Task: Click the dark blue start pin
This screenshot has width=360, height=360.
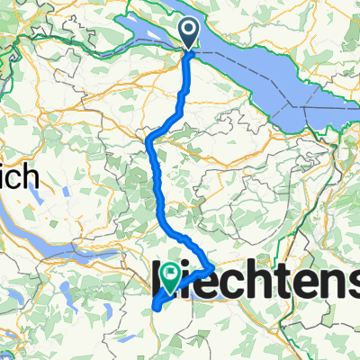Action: (191, 32)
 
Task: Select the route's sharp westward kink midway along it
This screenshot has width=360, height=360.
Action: (148, 138)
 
